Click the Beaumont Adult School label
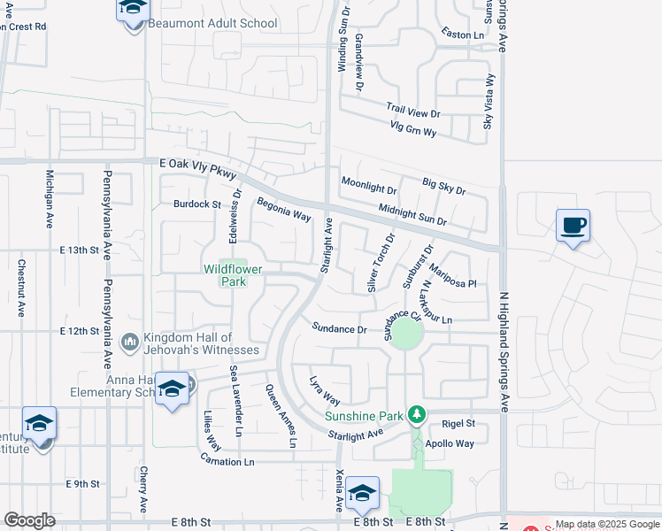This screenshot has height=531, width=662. click(212, 23)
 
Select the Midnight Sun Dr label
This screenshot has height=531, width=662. click(412, 214)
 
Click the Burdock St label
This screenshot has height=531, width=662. click(196, 204)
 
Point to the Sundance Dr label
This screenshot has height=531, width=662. click(339, 328)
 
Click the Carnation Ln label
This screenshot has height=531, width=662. click(227, 462)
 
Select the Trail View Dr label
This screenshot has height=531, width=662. click(412, 113)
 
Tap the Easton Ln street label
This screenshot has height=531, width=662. click(466, 35)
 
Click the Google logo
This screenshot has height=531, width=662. click(29, 520)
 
